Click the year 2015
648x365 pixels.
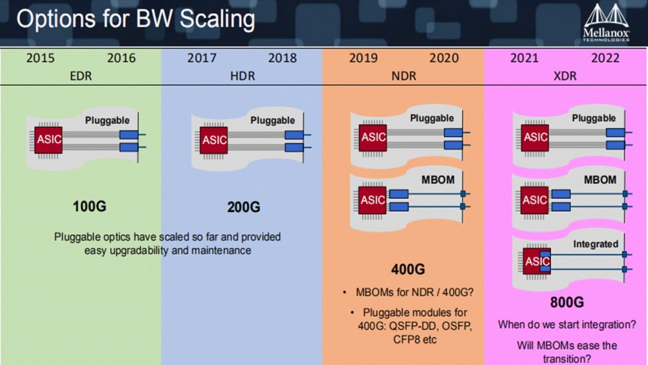pyautogui.click(x=40, y=58)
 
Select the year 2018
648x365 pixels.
pyautogui.click(x=282, y=58)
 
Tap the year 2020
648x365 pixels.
pyautogui.click(x=444, y=58)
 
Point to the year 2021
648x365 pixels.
pyautogui.click(x=524, y=58)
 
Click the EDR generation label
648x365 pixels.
pyautogui.click(x=80, y=76)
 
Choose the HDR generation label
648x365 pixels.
pyautogui.click(x=242, y=76)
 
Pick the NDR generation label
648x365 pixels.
pyautogui.click(x=404, y=76)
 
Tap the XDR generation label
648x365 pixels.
pyautogui.click(x=565, y=76)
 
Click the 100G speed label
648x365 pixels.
pyautogui.click(x=89, y=207)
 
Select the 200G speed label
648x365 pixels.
pyautogui.click(x=244, y=207)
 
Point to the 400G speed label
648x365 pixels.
pyautogui.click(x=408, y=270)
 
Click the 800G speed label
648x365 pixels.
pyautogui.click(x=567, y=303)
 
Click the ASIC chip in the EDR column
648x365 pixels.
pyautogui.click(x=49, y=140)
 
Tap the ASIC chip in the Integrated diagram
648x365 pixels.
pyautogui.click(x=537, y=261)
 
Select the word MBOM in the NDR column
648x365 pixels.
pyautogui.click(x=437, y=180)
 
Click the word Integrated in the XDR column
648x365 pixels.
pyautogui.click(x=596, y=244)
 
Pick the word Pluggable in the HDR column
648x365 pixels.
pyautogui.click(x=272, y=121)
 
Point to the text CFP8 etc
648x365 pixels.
pyautogui.click(x=415, y=340)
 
